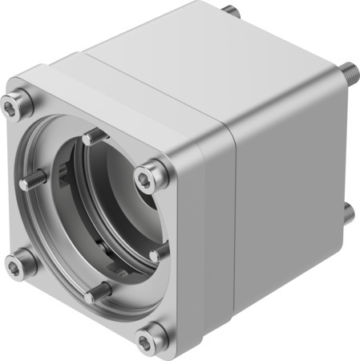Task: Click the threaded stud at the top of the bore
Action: tap(93, 136)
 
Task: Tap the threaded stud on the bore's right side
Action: tap(159, 253)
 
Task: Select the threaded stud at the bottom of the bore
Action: tap(97, 291)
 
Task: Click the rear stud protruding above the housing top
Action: tap(232, 10)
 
